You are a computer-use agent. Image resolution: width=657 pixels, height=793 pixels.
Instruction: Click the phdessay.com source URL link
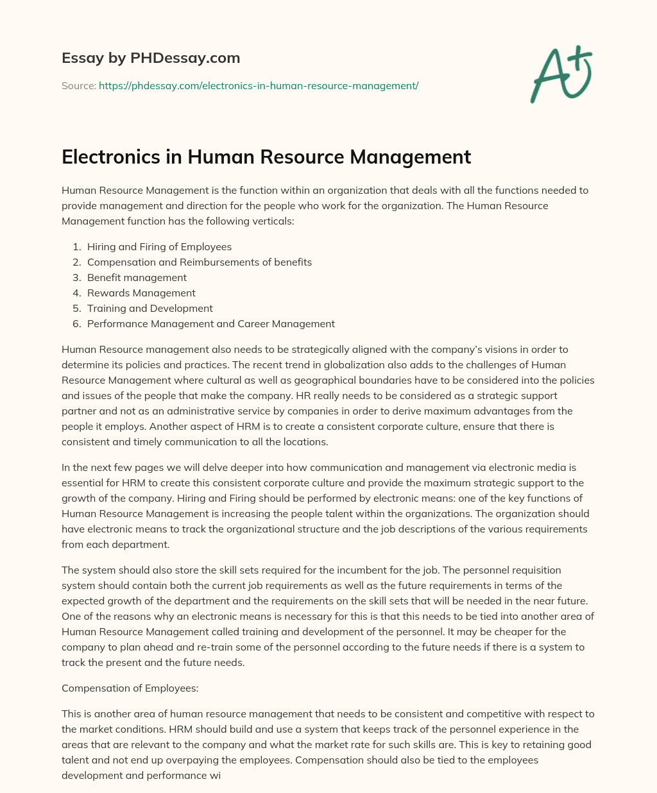click(x=258, y=85)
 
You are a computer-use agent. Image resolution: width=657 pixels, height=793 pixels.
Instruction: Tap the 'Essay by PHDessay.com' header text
click(x=151, y=58)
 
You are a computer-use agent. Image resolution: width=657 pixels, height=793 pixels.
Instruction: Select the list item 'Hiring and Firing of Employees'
click(x=159, y=247)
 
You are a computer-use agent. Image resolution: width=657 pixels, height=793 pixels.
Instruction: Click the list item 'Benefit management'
click(x=137, y=278)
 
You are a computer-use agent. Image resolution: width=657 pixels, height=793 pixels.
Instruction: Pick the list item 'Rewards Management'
click(x=141, y=293)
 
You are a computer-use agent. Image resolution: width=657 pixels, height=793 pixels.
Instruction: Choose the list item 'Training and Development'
click(x=149, y=309)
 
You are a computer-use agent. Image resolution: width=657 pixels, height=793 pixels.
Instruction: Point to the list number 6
click(x=76, y=324)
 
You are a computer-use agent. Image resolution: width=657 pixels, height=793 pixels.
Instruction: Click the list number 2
click(x=76, y=262)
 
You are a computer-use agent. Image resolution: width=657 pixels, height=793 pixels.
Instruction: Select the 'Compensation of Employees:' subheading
click(x=130, y=688)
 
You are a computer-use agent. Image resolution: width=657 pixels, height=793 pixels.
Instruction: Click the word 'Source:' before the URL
click(x=78, y=85)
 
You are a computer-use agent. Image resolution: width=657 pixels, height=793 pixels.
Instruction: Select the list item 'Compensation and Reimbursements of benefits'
click(x=200, y=262)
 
